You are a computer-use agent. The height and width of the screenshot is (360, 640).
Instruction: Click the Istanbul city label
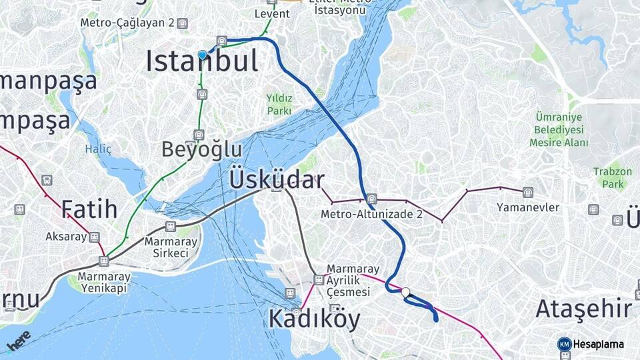click(202, 61)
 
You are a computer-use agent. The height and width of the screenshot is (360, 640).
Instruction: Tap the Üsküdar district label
click(277, 179)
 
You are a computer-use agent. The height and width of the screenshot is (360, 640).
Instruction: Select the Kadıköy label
click(314, 319)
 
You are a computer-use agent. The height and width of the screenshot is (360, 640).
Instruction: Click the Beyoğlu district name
click(201, 149)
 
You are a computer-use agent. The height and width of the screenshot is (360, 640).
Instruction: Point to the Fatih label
click(89, 209)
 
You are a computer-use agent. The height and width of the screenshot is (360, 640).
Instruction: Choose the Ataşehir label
click(583, 309)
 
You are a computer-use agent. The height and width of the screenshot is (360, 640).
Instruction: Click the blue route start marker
click(202, 55)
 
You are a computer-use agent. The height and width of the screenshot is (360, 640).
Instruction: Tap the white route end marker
click(405, 291)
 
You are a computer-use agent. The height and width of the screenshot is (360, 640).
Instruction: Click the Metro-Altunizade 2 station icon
click(371, 199)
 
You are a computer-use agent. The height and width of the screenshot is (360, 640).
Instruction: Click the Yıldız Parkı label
click(279, 104)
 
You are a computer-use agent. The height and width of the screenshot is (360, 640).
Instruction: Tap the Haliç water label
click(98, 149)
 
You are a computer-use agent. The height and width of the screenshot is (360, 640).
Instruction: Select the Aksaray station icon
click(95, 237)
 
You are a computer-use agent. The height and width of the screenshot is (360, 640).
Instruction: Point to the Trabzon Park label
click(612, 177)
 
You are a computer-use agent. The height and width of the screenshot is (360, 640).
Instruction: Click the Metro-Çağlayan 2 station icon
click(182, 23)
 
